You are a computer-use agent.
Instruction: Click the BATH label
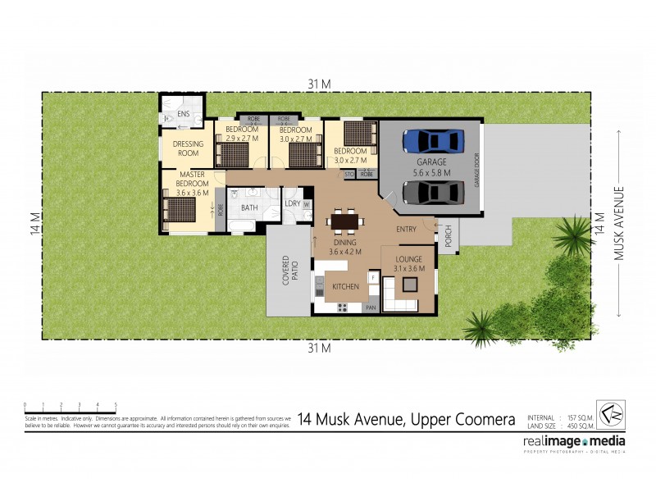249,208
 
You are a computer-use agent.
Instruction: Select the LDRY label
291,203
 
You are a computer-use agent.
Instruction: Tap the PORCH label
448,237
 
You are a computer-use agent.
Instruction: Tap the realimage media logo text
574,441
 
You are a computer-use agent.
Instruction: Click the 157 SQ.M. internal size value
581,417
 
